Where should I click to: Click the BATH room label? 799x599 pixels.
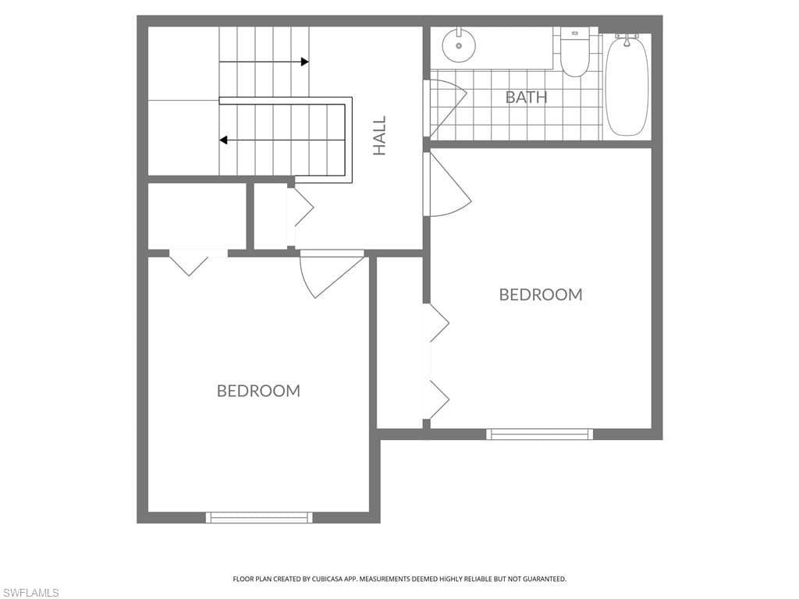526,97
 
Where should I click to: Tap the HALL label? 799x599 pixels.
380,136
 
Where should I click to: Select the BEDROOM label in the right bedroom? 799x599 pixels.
541,294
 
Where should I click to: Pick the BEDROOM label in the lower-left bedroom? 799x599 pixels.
258,391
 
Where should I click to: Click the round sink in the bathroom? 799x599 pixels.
459,44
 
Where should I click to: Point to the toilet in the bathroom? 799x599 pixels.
575,52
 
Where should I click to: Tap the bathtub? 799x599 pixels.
627,87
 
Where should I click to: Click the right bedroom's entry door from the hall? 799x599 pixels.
447,184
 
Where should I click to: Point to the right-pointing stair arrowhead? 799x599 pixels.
305,62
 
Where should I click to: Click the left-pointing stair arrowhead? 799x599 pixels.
223,140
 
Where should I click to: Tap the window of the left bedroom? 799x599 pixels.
259,518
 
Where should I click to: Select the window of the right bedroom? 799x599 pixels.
539,434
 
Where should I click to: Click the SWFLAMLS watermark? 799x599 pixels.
30,593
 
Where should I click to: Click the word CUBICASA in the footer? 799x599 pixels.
319,579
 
